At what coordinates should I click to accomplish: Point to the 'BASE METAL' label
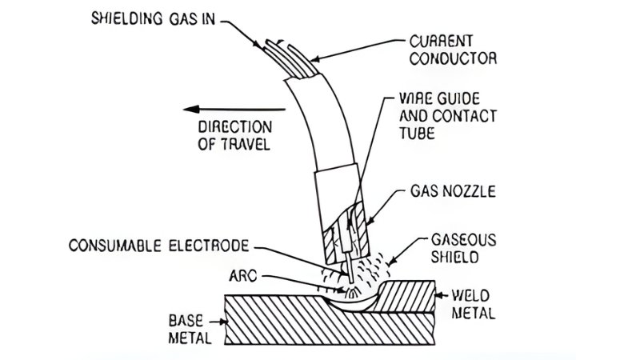(190, 329)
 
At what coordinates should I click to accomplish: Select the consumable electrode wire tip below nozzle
(349, 272)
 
